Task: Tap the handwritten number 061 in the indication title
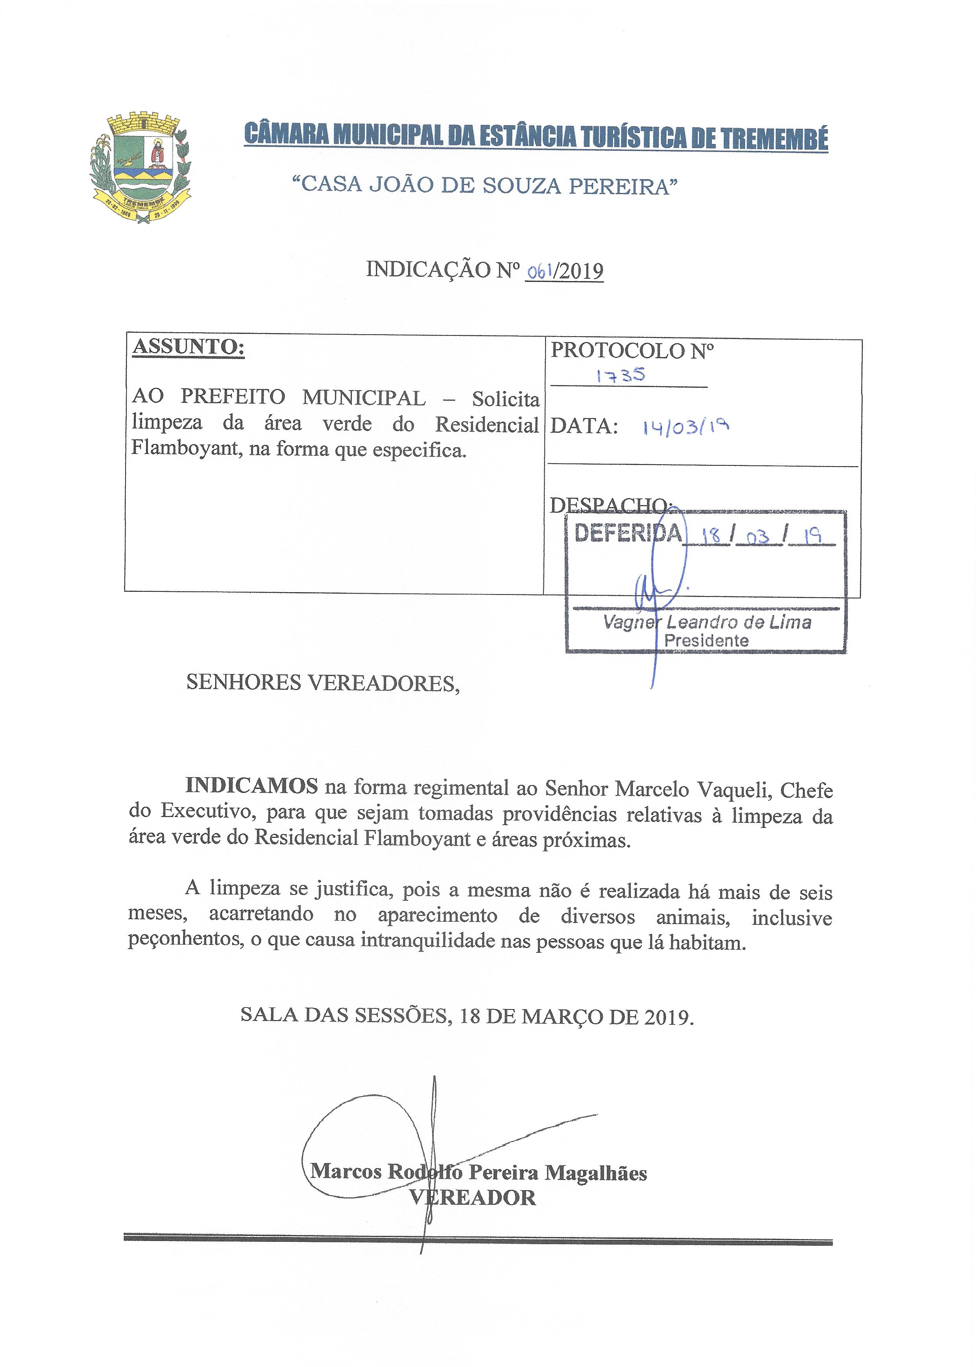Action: pos(541,272)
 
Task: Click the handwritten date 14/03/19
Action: pos(686,426)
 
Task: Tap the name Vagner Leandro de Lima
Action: pos(707,622)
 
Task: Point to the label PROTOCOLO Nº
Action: pos(632,350)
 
